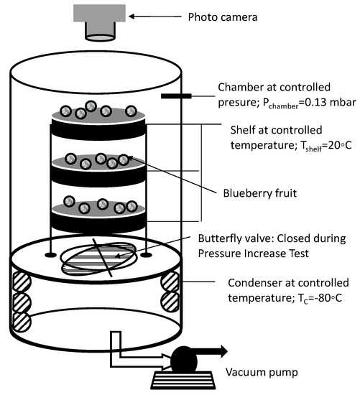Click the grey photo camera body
click(99, 13)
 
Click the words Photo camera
click(223, 17)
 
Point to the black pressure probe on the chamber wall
click(176, 96)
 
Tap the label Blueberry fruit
click(260, 193)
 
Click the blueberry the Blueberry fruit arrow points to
click(124, 159)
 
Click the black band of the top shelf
click(98, 130)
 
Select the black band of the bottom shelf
click(98, 223)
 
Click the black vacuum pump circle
click(184, 361)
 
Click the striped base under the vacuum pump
click(183, 380)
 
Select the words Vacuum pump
click(262, 372)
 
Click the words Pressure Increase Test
click(254, 254)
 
